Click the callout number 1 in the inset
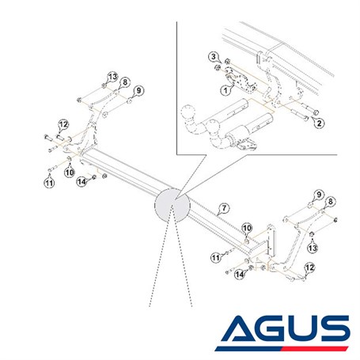225,91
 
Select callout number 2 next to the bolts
319,123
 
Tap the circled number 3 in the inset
214,56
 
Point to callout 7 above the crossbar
224,208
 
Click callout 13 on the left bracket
112,77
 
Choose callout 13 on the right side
313,248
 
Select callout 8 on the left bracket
125,82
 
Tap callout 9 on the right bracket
319,195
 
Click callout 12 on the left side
63,124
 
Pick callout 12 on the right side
309,267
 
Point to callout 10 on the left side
70,172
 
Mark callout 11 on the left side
49,183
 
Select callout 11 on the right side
216,257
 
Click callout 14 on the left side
81,181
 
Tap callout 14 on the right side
240,275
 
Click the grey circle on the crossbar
172,205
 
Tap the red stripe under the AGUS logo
316,348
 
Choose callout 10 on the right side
247,228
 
